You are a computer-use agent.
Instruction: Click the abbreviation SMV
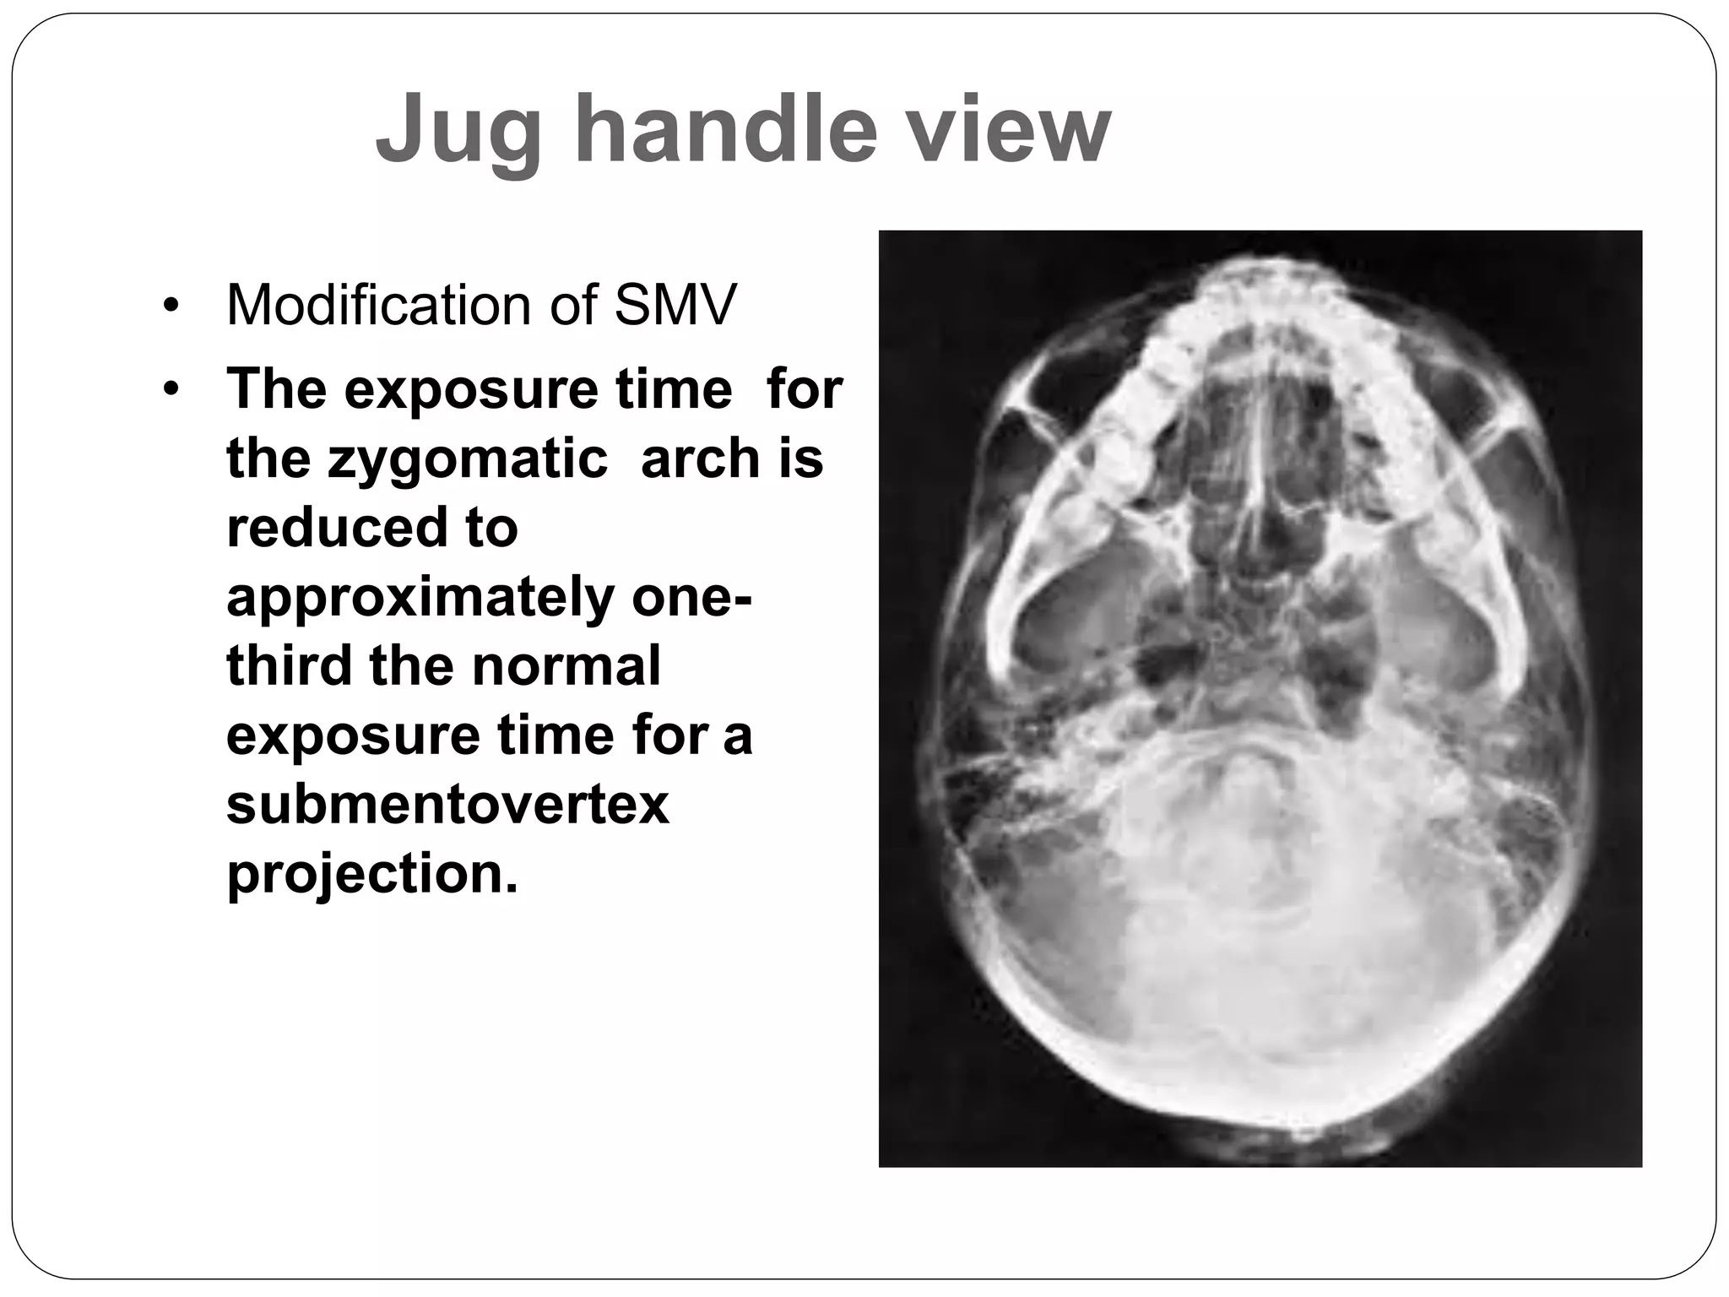pyautogui.click(x=675, y=305)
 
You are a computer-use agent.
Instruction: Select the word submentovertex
pyautogui.click(x=447, y=805)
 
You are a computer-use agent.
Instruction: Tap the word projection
pyautogui.click(x=371, y=874)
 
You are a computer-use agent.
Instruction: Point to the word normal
pyautogui.click(x=566, y=666)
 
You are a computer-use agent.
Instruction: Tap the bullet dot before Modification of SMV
pyautogui.click(x=172, y=306)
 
